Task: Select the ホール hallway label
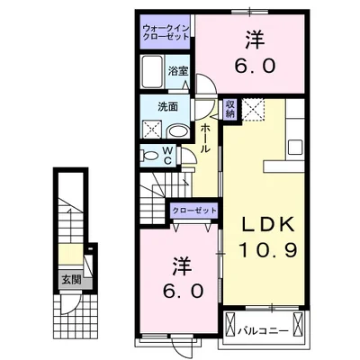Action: pos(205,140)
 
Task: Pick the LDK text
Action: pos(266,223)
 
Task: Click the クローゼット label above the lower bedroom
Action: pos(195,210)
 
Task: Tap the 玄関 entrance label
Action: pos(69,278)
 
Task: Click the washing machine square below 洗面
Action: pos(148,131)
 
